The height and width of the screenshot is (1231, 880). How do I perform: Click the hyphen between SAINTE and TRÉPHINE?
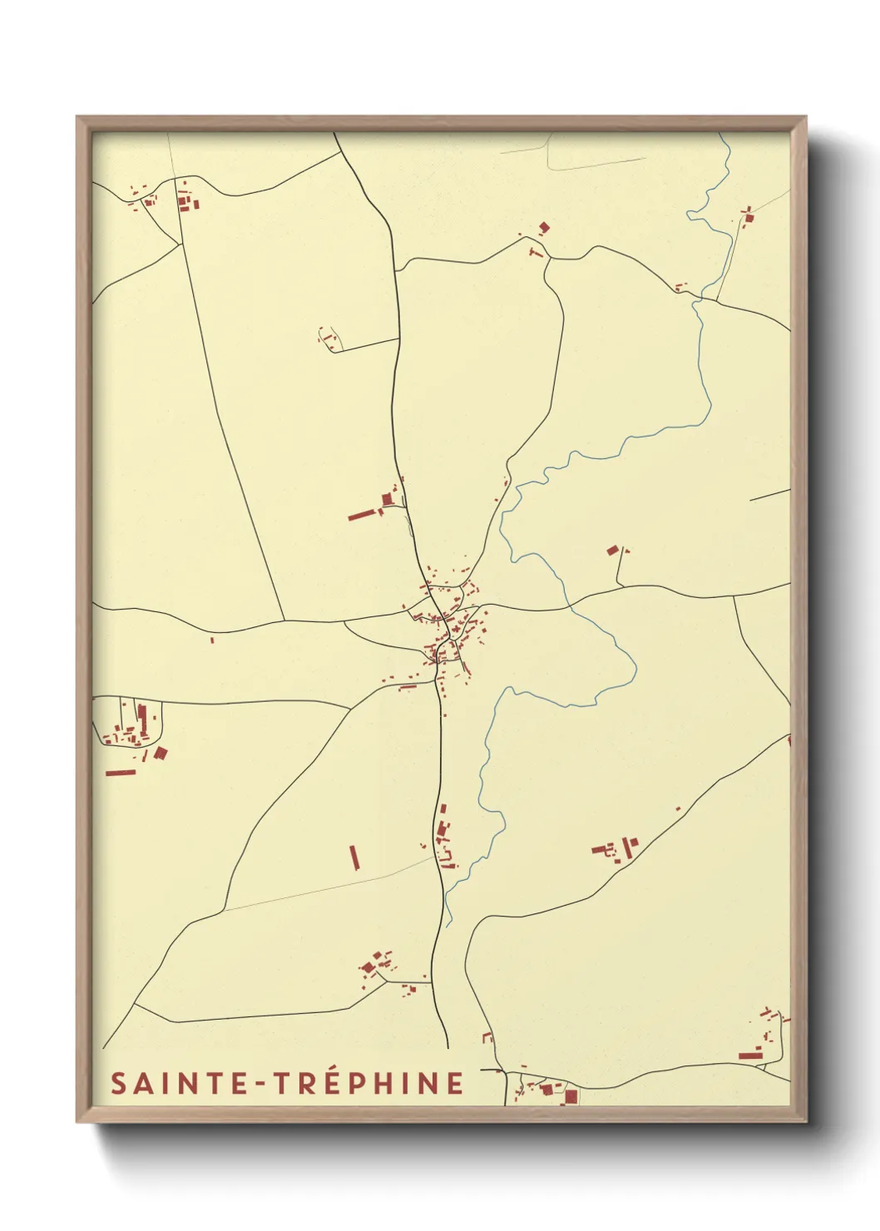coord(258,1085)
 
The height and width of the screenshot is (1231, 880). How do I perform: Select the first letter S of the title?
coord(118,1084)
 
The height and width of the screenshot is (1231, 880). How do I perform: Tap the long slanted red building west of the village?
coord(363,515)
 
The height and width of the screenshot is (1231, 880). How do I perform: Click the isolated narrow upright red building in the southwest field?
coord(354,857)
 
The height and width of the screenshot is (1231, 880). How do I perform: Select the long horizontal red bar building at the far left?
coord(121,773)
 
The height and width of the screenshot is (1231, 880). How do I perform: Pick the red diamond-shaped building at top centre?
coord(545,226)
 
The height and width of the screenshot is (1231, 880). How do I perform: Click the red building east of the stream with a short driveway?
coord(614,550)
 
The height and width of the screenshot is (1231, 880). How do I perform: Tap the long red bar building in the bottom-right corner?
coord(750,1055)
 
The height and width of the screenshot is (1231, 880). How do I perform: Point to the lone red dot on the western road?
coord(212,640)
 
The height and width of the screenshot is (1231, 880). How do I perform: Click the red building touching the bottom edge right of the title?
coord(571,1097)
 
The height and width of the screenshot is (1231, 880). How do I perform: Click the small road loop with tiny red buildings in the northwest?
coord(329,339)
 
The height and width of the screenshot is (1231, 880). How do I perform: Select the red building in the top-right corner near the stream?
coord(749,218)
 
